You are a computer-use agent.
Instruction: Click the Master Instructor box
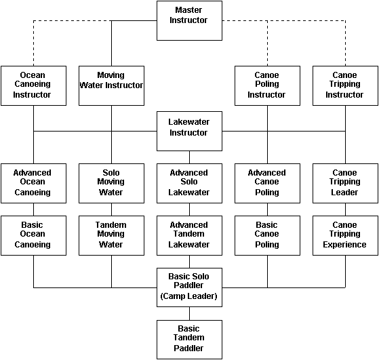click(x=189, y=20)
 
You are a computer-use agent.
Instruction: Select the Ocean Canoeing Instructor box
click(x=34, y=85)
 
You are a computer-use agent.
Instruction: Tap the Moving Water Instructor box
click(x=111, y=85)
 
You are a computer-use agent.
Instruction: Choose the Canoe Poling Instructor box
click(x=267, y=85)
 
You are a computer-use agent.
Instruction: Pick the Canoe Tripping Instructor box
click(x=345, y=85)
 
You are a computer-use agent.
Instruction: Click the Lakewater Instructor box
click(x=189, y=131)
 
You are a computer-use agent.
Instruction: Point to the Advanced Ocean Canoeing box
click(x=34, y=183)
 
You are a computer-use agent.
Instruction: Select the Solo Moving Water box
click(x=111, y=183)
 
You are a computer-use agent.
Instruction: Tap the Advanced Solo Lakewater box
click(x=189, y=183)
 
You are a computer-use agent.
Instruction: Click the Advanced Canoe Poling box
click(x=267, y=183)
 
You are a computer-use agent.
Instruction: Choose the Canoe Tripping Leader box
click(x=345, y=183)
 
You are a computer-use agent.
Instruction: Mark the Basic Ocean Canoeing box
click(x=34, y=235)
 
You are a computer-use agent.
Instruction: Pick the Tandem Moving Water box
click(x=111, y=235)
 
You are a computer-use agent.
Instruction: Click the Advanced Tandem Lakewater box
click(x=189, y=235)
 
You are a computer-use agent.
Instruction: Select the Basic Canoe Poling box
click(x=267, y=235)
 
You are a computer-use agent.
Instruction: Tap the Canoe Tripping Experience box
click(x=345, y=235)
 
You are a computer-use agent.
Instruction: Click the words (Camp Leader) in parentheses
click(x=188, y=296)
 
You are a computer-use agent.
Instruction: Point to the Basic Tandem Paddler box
click(x=189, y=340)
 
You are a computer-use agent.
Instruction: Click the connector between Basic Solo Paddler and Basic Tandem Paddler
click(x=189, y=314)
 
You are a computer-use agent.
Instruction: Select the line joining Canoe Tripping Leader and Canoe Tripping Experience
click(x=345, y=209)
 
